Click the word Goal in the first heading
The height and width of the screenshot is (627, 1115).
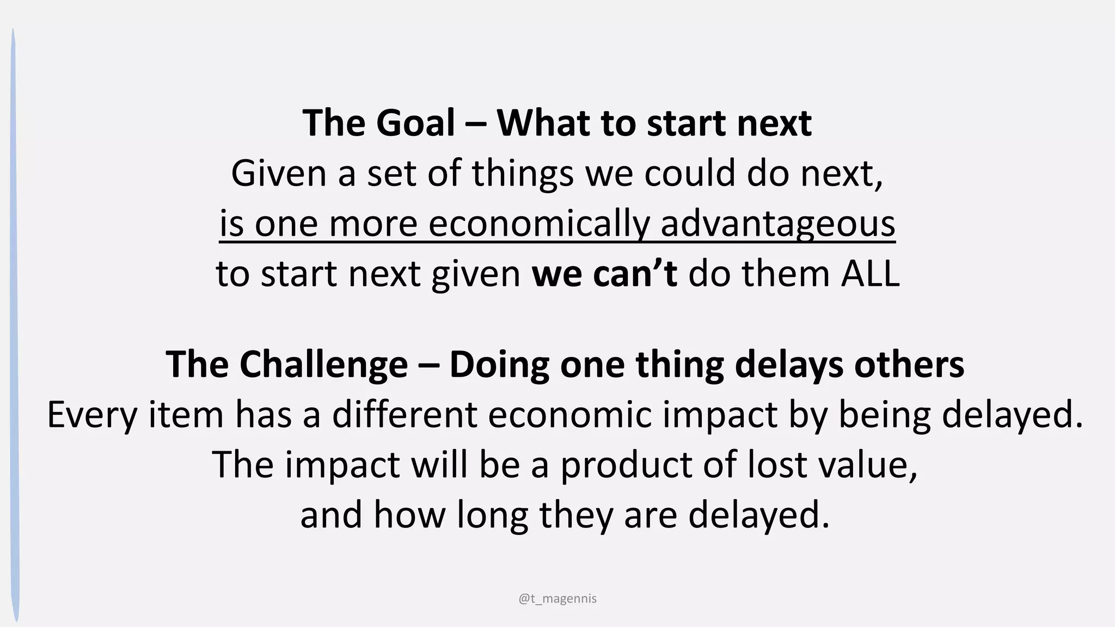coord(415,123)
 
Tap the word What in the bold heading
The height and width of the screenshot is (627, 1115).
coord(543,123)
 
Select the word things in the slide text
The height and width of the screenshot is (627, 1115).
coord(523,173)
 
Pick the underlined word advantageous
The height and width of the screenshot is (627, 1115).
coord(777,224)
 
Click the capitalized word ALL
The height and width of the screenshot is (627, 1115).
coord(870,273)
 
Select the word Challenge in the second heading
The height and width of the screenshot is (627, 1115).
coord(323,364)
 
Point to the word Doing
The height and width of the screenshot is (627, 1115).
coord(499,364)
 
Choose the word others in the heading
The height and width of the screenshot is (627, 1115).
coord(909,364)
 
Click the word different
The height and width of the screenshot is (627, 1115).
coord(405,414)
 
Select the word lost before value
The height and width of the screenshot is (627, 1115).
coord(777,465)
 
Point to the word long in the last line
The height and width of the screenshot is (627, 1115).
coord(492,515)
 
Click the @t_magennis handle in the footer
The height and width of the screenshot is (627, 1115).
coord(557,599)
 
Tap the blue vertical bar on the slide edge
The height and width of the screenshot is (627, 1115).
coord(15,327)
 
